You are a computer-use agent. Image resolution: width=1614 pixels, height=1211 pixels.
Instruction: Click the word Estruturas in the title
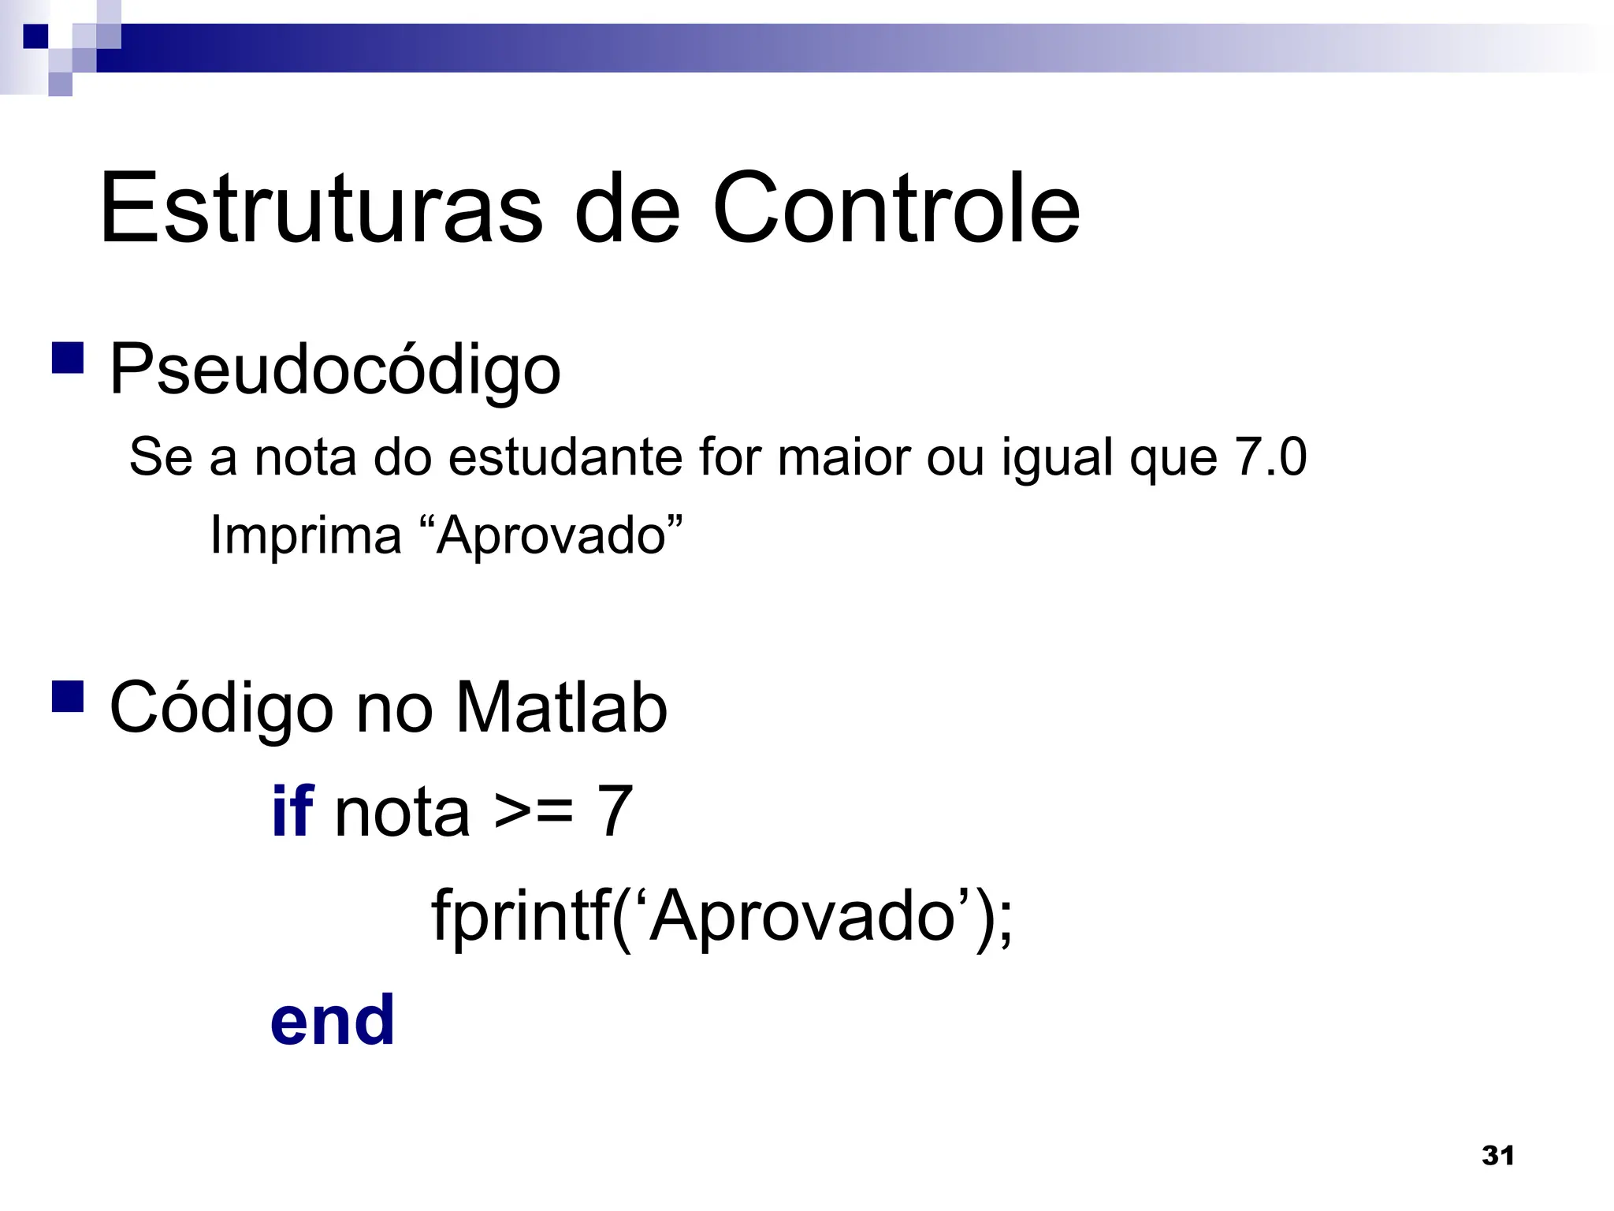pos(321,208)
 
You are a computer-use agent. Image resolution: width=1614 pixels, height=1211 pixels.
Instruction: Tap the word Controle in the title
pos(896,208)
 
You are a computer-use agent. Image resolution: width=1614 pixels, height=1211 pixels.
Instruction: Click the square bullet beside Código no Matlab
pos(68,696)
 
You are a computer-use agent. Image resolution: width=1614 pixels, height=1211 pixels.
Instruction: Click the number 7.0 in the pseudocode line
pos(1270,456)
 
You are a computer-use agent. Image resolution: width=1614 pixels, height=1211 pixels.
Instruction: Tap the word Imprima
pos(306,535)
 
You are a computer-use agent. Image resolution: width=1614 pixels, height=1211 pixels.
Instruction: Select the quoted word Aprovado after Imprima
pos(551,535)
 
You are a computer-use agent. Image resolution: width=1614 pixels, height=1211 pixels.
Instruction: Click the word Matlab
pos(561,707)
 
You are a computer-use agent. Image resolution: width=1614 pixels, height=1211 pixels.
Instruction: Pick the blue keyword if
pos(292,811)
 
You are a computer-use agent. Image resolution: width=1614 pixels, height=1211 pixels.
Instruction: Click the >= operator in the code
pos(534,812)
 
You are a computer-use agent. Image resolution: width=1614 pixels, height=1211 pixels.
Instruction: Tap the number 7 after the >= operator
pos(615,811)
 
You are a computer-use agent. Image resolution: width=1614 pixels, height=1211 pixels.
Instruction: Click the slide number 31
pos(1497,1156)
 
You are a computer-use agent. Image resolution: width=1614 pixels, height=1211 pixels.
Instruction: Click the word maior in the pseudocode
pos(843,456)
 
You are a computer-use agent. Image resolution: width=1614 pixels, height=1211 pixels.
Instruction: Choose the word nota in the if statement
pos(402,813)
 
